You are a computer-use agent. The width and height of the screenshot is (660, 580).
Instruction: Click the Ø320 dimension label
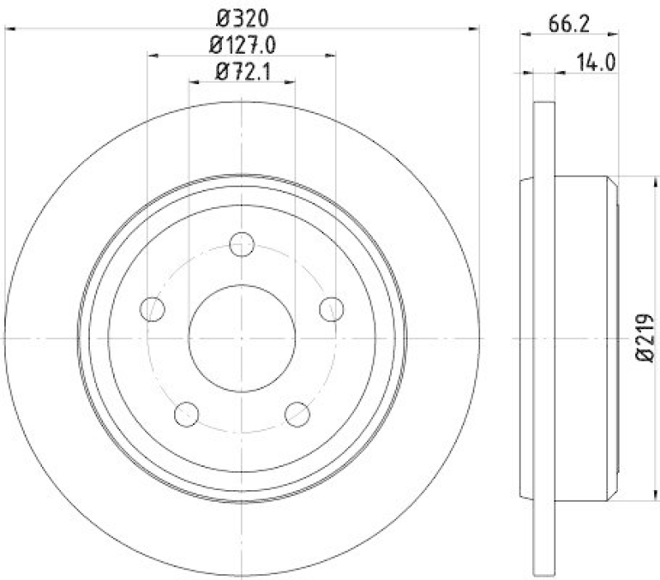coord(242,17)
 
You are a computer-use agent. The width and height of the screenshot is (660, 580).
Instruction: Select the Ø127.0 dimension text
coord(242,45)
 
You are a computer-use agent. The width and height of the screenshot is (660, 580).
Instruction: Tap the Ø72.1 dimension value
coord(242,72)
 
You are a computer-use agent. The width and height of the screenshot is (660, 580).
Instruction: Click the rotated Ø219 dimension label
coord(644,337)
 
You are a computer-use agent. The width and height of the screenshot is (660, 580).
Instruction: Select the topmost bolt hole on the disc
coord(242,243)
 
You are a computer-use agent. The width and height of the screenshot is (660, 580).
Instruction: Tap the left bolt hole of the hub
coord(153,309)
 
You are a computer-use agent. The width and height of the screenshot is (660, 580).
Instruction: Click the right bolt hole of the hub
coord(331,309)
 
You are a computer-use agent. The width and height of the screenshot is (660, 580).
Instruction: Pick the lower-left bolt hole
coord(187,413)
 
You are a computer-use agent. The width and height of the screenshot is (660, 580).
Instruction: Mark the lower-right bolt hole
coord(297,413)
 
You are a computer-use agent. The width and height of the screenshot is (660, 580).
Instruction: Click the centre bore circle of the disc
coord(242,337)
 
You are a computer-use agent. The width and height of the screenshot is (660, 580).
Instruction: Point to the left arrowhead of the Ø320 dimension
coord(12,31)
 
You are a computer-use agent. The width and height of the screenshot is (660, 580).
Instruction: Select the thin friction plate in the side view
coord(545,337)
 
